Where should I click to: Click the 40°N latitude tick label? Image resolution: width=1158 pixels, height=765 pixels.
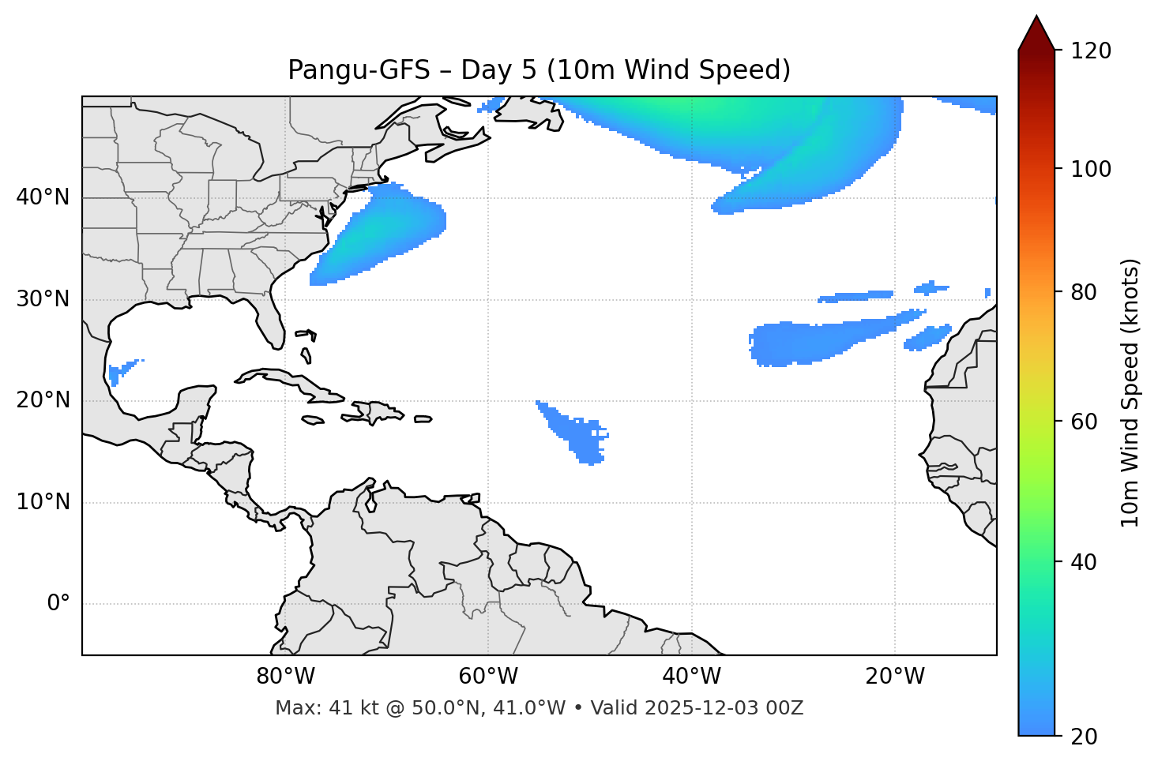[x=43, y=197]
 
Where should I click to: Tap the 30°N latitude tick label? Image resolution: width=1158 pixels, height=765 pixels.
[x=43, y=299]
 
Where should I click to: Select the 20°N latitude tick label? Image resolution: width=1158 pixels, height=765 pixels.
[x=43, y=400]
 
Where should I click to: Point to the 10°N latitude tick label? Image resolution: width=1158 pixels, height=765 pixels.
[x=43, y=502]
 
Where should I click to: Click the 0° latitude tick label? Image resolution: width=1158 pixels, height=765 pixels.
[x=58, y=604]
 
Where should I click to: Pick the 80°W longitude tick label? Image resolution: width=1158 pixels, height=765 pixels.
[x=285, y=677]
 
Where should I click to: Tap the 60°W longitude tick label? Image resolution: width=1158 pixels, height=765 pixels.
[x=488, y=677]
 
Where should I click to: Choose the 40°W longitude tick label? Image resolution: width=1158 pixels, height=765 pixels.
[x=691, y=677]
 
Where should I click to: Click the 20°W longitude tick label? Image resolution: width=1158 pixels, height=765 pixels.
[x=894, y=677]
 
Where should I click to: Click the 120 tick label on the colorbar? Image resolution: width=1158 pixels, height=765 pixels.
[x=1091, y=51]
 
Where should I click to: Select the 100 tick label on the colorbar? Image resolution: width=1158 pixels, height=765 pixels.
[x=1091, y=169]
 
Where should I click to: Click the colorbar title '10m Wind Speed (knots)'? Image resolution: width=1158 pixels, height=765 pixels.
[x=1130, y=392]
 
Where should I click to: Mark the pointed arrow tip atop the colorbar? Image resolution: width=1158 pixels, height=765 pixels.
[x=1036, y=17]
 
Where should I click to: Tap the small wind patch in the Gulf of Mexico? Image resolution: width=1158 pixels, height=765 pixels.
[x=118, y=371]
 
